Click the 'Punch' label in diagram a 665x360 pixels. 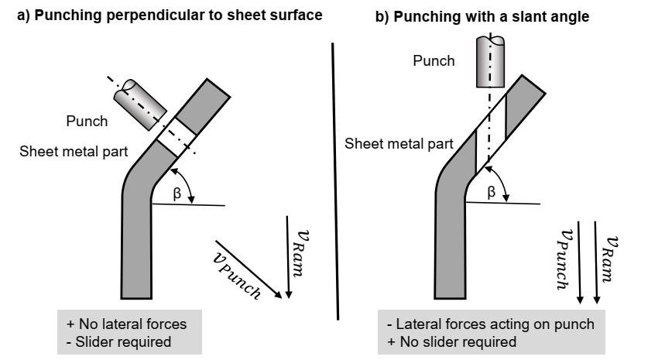coord(87,122)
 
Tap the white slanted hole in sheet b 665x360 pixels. coord(490,132)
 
